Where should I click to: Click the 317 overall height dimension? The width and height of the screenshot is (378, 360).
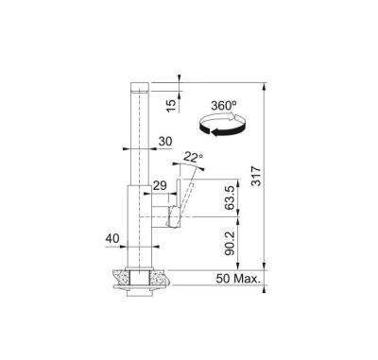click(257, 176)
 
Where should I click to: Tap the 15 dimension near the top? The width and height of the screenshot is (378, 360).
click(171, 106)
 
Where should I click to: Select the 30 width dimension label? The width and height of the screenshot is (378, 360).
click(165, 142)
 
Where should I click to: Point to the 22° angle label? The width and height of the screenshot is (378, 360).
click(193, 157)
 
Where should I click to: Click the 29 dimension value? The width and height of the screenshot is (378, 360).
click(160, 185)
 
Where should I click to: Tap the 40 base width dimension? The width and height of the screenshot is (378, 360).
click(112, 239)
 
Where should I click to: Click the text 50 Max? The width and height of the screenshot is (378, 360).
click(238, 279)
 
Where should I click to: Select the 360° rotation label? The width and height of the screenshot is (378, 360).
click(224, 106)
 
